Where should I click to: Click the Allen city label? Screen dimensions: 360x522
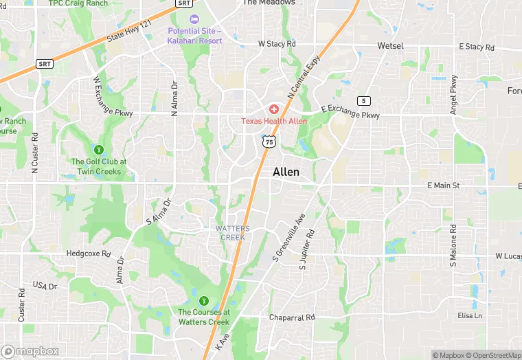[x=286, y=172]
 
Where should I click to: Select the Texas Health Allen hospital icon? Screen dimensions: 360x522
[x=273, y=110]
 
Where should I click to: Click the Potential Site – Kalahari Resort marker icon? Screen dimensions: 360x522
[x=194, y=19]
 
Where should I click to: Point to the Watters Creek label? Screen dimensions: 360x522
[x=232, y=232]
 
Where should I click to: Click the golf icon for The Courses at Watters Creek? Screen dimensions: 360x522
[x=203, y=301]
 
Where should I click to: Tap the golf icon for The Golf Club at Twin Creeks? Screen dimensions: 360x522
[x=98, y=149]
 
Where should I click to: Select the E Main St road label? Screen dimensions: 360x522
[x=447, y=185]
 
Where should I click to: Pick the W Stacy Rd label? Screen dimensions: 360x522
[x=277, y=44]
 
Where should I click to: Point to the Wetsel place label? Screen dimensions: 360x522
[x=390, y=45]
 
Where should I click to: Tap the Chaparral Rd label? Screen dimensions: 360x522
[x=291, y=317]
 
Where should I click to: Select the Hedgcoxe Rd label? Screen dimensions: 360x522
[x=89, y=254]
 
